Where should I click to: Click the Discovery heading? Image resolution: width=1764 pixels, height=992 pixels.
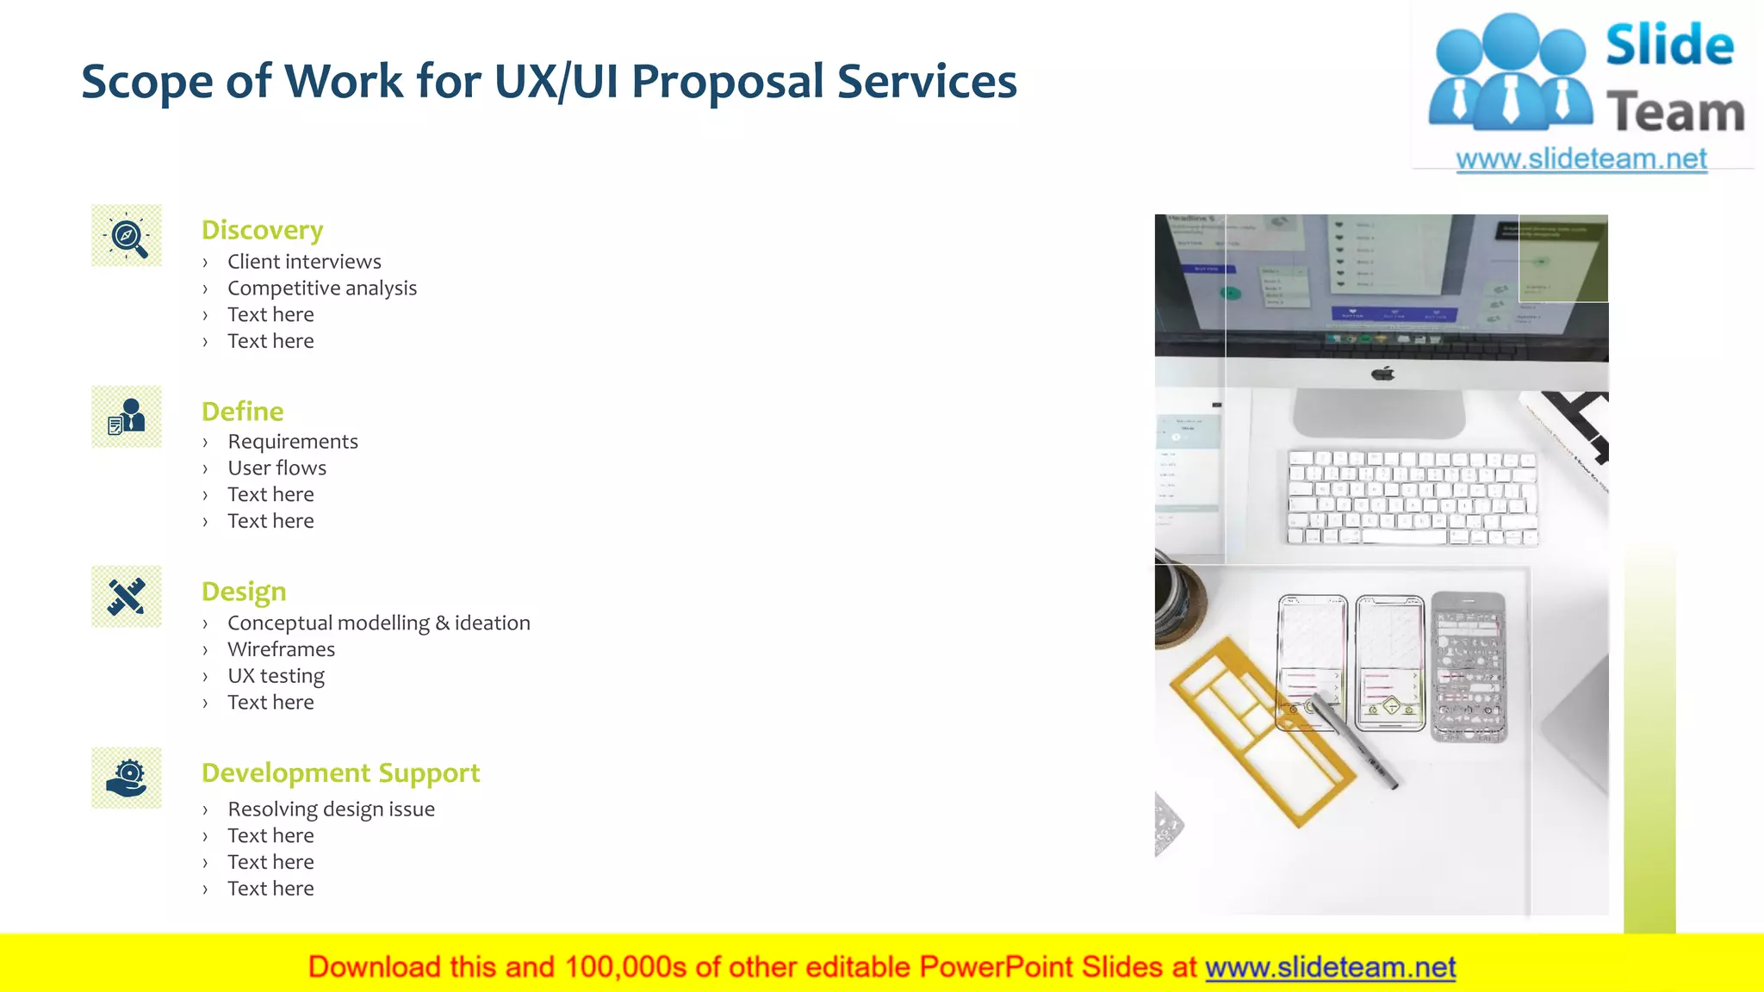(x=262, y=230)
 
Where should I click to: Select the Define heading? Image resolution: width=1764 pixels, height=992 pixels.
(x=242, y=412)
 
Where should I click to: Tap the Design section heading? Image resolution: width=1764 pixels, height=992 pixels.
(x=244, y=592)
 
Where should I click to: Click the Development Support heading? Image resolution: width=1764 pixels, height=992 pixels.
(x=340, y=773)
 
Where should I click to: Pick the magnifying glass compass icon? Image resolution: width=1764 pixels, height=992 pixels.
(x=127, y=235)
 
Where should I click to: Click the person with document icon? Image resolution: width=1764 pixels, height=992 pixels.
(x=127, y=417)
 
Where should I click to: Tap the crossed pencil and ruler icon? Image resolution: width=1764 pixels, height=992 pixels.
(x=127, y=597)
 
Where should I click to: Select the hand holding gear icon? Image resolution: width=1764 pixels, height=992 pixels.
(x=127, y=778)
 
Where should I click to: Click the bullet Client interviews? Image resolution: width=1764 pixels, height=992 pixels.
(x=304, y=262)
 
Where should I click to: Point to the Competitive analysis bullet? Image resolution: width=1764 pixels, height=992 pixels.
(x=322, y=288)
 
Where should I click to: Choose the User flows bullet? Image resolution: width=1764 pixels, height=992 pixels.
(x=276, y=468)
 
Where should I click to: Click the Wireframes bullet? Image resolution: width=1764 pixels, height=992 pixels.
(x=281, y=649)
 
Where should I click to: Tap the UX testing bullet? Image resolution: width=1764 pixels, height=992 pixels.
(x=276, y=676)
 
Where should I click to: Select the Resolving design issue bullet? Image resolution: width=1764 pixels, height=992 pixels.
(x=331, y=809)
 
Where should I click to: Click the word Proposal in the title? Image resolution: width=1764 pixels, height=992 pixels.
(x=728, y=82)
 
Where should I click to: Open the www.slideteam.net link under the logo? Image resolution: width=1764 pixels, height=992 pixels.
(x=1581, y=159)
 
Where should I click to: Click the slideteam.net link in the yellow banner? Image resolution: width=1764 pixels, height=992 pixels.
(x=1330, y=967)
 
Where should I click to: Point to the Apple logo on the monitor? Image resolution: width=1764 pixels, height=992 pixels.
(x=1382, y=374)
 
